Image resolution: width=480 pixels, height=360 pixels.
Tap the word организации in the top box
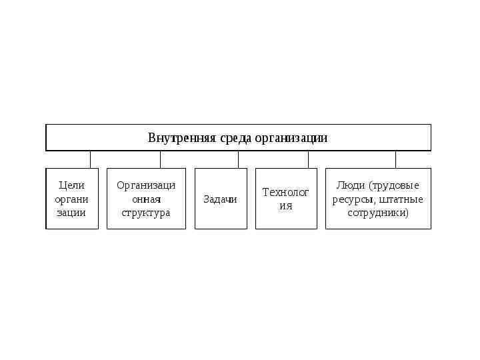292,138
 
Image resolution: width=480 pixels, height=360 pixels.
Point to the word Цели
72,185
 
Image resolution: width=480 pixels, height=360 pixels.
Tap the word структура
146,213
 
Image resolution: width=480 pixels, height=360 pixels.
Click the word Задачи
221,199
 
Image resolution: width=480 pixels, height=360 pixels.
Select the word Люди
351,185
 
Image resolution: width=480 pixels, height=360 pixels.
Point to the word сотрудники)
378,213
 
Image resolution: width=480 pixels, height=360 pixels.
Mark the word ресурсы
354,199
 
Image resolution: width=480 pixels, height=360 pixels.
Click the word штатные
401,199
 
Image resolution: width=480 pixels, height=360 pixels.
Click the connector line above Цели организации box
90,159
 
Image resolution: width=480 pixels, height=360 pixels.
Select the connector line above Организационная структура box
160,159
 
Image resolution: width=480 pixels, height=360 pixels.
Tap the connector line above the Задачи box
238,159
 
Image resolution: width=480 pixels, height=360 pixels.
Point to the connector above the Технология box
308,159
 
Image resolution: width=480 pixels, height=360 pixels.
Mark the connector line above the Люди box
395,159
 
